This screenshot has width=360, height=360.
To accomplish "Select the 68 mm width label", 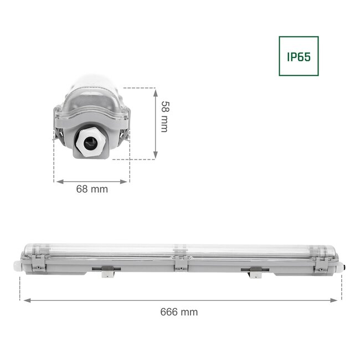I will (91, 189).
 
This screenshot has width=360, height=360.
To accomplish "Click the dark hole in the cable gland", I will (90, 143).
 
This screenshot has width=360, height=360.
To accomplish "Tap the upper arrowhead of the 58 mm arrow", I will (156, 90).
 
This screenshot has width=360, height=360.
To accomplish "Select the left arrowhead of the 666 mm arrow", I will (24, 300).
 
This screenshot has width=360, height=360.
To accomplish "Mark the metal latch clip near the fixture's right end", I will (320, 268).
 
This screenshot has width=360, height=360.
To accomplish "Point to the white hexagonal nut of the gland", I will (90, 143).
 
